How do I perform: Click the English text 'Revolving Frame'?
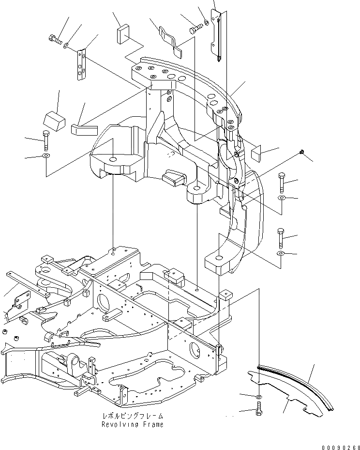[132, 424]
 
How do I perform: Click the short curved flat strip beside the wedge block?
[85, 128]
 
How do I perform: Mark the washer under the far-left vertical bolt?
[45, 156]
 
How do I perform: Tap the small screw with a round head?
[302, 153]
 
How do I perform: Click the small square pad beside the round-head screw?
[256, 154]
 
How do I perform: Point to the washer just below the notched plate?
[259, 397]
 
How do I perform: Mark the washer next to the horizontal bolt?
[66, 45]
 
